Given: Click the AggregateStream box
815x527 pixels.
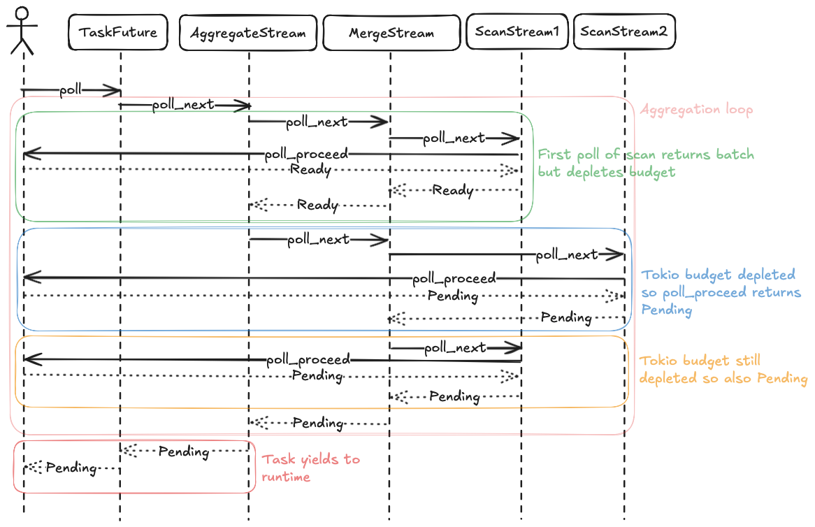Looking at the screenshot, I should pos(248,32).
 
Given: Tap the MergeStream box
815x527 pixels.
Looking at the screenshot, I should pos(391,32).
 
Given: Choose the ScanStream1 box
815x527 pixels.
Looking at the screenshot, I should pos(517,31).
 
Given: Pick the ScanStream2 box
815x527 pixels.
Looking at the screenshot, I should pos(624,31).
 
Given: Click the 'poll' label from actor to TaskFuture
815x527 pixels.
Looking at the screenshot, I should pos(71,89).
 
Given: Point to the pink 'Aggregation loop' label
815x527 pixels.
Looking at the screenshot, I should pos(697,110).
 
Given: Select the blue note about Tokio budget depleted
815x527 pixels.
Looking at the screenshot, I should pos(721,291).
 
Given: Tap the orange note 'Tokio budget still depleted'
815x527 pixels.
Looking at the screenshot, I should pos(723,370).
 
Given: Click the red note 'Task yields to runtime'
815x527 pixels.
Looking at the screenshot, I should pos(310,468).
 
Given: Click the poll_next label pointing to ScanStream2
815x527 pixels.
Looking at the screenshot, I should pos(567,254).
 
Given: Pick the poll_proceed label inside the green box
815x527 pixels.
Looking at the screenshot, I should pos(306,154).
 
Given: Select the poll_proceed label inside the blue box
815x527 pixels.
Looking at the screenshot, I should pos(454,279).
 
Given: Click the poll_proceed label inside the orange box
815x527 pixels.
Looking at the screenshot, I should pos(308,360).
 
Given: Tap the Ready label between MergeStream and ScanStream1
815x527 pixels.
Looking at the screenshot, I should pos(452,189).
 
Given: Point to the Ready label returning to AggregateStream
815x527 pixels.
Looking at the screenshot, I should pos(317,205).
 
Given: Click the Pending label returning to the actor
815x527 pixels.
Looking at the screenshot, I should pos(71,468).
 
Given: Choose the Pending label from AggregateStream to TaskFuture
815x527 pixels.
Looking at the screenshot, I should pos(183,451).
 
